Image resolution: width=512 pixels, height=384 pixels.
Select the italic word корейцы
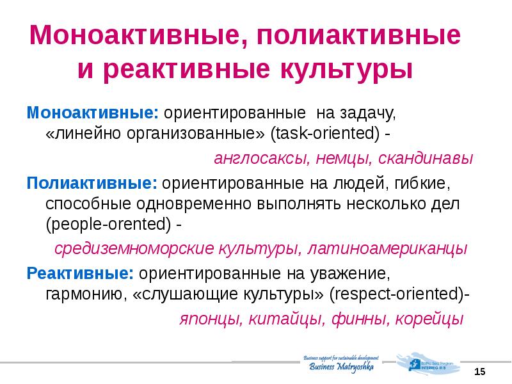pyautogui.click(x=428, y=319)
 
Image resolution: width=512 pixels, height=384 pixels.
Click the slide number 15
pyautogui.click(x=481, y=372)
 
